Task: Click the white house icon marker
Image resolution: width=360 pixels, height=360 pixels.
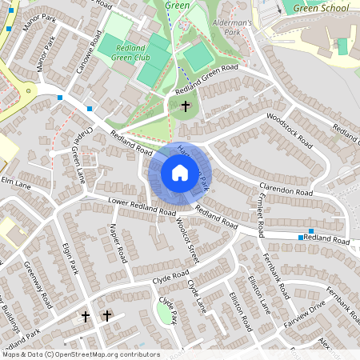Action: [x=180, y=173]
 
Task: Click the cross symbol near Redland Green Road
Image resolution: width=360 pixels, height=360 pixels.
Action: [x=186, y=106]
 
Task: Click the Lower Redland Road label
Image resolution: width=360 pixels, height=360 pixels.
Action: [x=142, y=207]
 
